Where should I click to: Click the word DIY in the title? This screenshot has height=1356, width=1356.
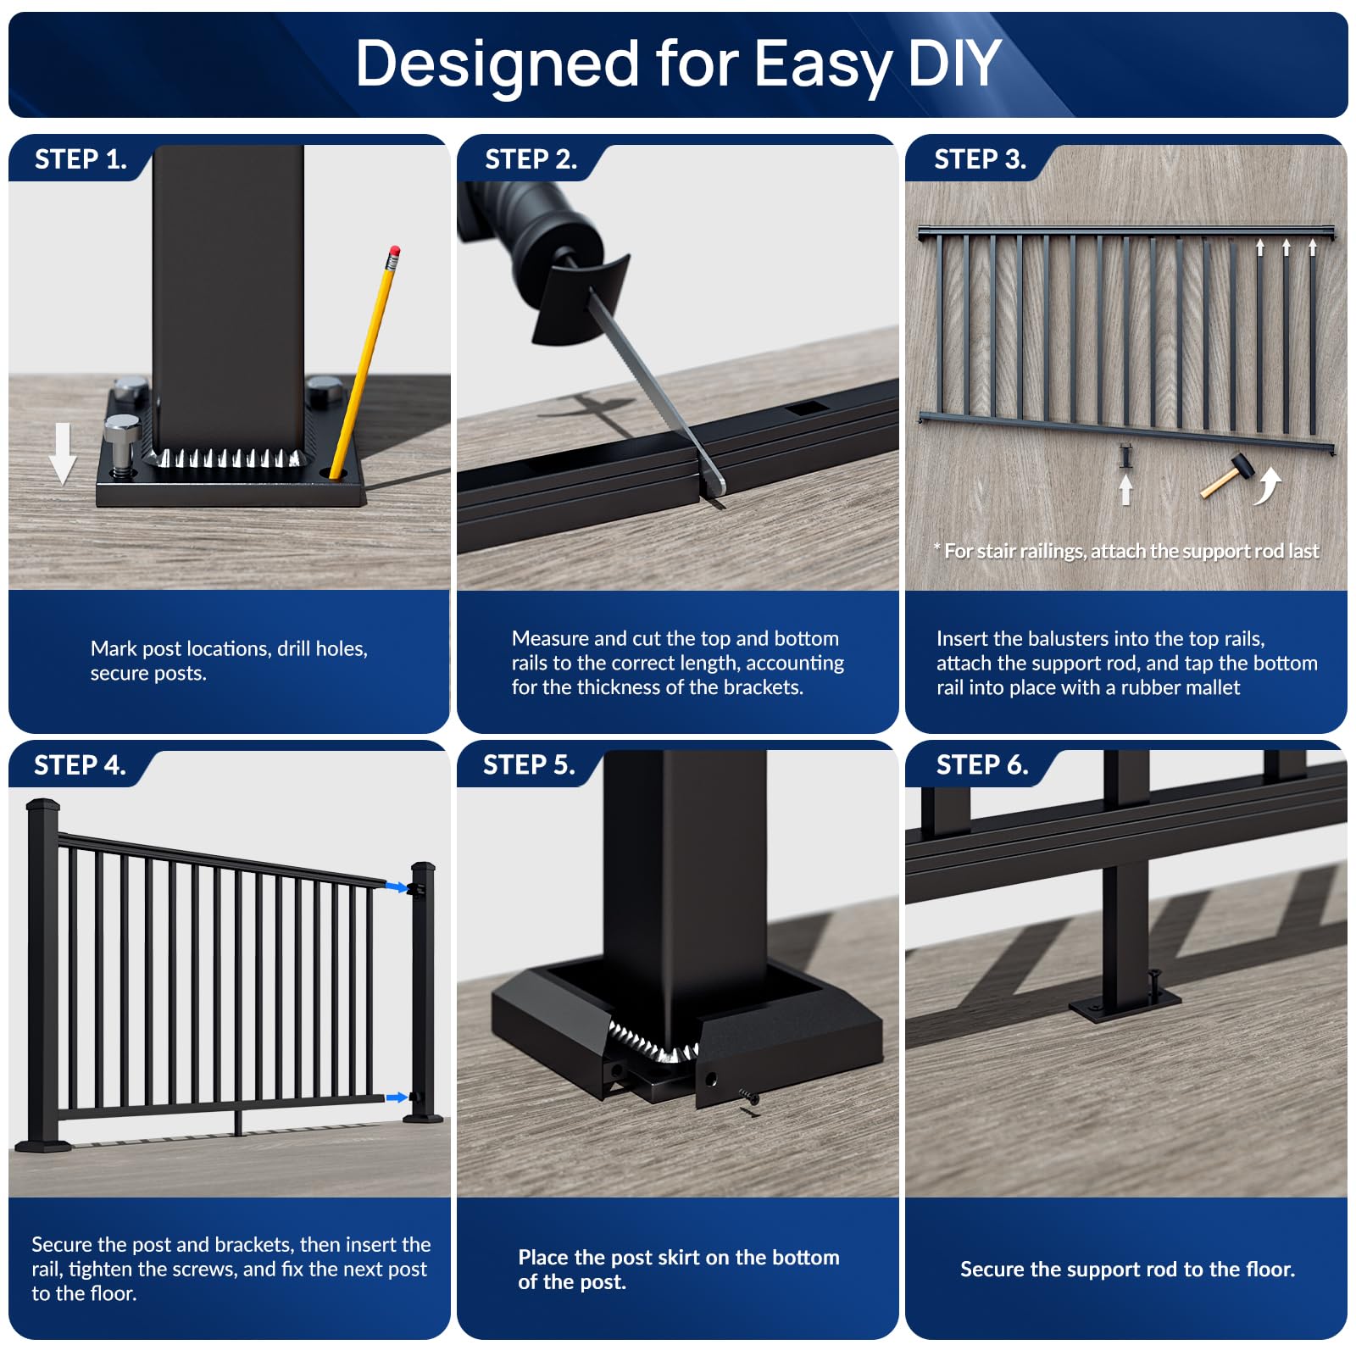point(953,64)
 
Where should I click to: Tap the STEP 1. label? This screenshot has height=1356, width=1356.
point(81,159)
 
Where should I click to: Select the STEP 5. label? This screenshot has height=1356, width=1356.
point(529,765)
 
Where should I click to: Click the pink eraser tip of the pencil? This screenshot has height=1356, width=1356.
point(393,252)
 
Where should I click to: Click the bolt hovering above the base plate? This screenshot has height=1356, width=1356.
point(121,442)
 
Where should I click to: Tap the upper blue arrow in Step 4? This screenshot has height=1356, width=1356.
point(395,887)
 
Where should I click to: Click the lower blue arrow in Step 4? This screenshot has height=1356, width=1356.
point(395,1098)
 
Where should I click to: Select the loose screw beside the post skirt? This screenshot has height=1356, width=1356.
point(749,1098)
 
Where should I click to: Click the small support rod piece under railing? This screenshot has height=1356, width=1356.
point(1125,457)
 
